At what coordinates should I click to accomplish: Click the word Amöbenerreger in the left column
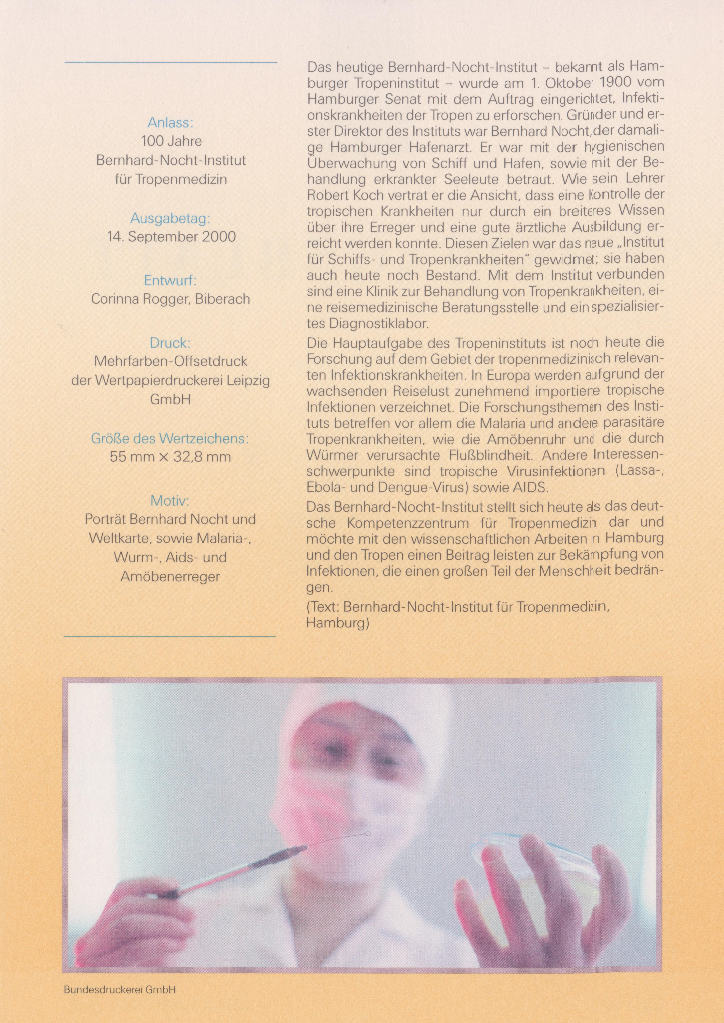[170, 577]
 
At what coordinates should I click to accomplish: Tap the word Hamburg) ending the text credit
[338, 623]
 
